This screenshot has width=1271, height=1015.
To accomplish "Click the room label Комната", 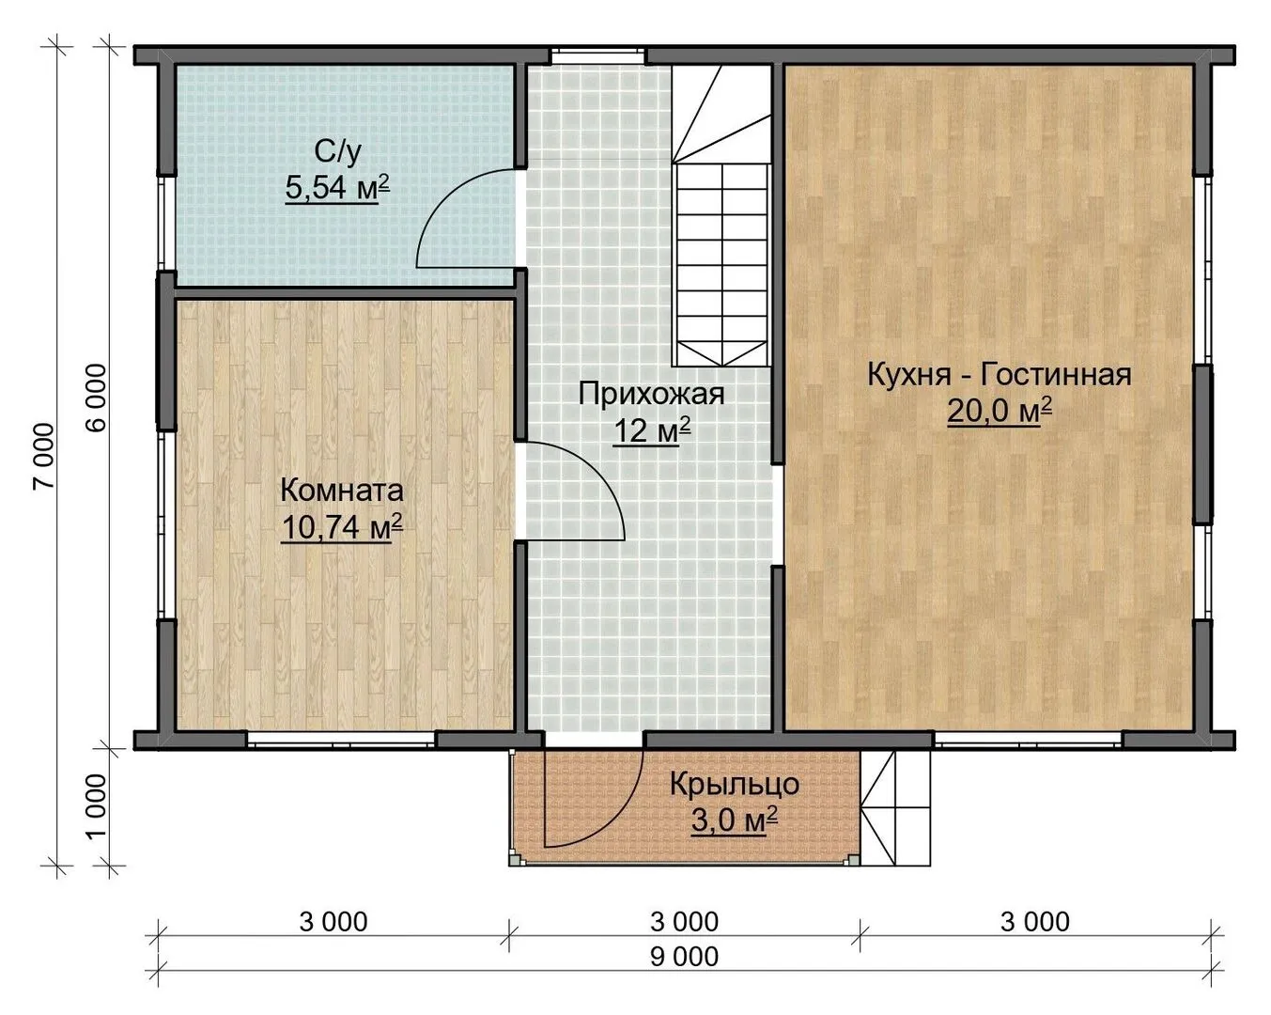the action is click(x=342, y=491).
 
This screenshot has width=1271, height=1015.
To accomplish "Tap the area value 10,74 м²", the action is click(x=342, y=527).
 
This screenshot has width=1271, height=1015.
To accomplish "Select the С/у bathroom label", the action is click(x=337, y=152).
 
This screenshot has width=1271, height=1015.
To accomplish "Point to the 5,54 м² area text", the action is click(x=337, y=188).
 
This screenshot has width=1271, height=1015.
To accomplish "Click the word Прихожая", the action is click(x=651, y=394).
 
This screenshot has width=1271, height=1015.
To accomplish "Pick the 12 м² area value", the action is click(x=652, y=430).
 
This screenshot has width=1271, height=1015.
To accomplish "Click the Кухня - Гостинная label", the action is click(x=1000, y=375).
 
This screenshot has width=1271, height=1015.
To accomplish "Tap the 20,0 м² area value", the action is click(x=1000, y=411).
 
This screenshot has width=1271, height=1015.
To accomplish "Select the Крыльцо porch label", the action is click(x=734, y=785).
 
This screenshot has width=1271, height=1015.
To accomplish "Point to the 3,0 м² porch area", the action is click(x=734, y=820).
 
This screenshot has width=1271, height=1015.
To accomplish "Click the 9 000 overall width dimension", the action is click(x=685, y=957).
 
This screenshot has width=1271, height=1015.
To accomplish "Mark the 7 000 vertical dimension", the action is click(x=44, y=456).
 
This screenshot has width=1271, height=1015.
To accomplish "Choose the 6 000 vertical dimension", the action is click(x=96, y=397).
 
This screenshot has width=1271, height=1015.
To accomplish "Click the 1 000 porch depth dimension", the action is click(x=96, y=805).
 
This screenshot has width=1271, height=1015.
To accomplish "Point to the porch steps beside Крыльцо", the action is click(x=895, y=807).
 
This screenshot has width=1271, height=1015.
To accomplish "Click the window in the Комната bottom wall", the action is click(x=341, y=741).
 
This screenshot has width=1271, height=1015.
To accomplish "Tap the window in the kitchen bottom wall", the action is click(x=1028, y=741).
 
